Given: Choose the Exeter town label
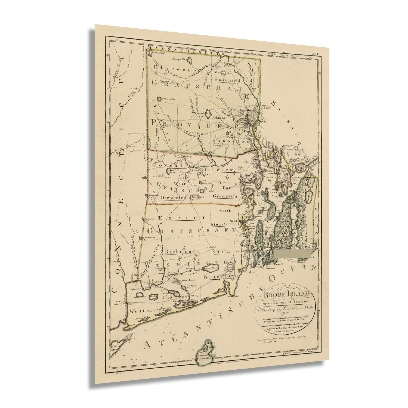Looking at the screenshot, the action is point(177,218).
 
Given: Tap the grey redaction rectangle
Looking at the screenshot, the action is point(293,254).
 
